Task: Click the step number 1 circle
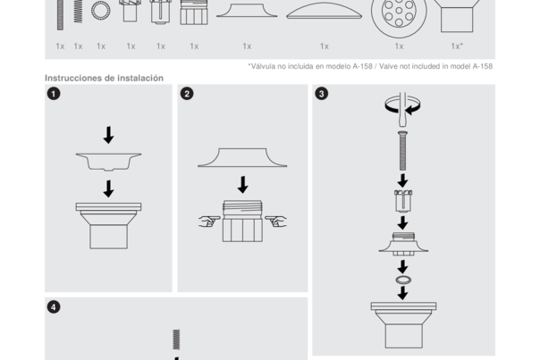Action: [x=54, y=94]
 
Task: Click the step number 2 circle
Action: [x=187, y=94]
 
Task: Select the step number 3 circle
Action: [x=322, y=94]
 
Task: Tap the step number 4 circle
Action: [x=54, y=306]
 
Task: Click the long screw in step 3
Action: [x=402, y=150]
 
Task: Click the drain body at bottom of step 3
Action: [x=402, y=323]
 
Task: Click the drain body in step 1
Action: [x=108, y=224]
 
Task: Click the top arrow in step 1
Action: [x=108, y=134]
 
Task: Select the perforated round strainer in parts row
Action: [x=399, y=13]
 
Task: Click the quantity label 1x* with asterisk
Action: [x=457, y=46]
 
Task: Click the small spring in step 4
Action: [x=176, y=339]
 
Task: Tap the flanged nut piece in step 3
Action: [x=402, y=243]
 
